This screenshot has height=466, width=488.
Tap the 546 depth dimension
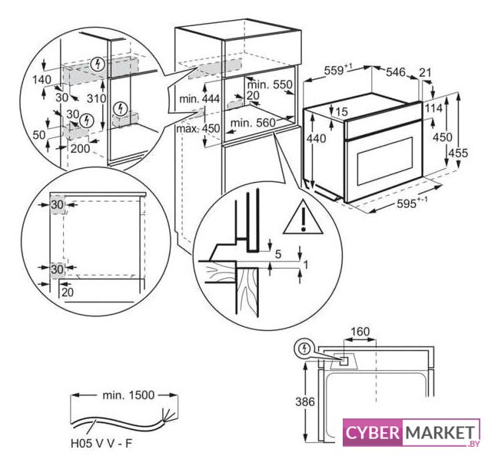point(395,72)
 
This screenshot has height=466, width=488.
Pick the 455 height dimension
point(458,153)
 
